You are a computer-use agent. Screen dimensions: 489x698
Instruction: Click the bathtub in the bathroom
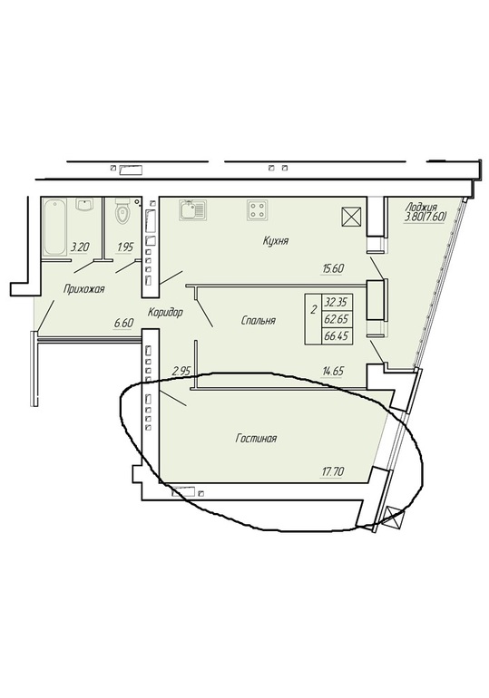(x=54, y=228)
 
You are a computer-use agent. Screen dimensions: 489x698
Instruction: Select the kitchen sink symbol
(x=192, y=209)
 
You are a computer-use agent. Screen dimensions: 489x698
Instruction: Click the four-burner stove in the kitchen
(x=259, y=209)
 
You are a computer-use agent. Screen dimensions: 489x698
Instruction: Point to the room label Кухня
(x=276, y=241)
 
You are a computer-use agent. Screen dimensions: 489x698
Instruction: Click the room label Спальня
(x=259, y=321)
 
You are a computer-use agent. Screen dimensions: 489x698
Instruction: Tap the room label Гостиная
(x=256, y=439)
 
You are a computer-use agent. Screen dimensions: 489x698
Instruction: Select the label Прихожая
(x=83, y=289)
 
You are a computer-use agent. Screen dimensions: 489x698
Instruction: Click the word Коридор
(x=165, y=313)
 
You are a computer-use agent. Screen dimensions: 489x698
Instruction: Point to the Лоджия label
(x=421, y=207)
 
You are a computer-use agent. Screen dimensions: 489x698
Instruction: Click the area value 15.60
(x=334, y=269)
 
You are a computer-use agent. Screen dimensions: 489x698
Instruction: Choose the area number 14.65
(x=334, y=371)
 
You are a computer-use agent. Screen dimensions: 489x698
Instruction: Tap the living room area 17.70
(x=332, y=471)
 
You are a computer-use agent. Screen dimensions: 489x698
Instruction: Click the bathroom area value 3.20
(x=79, y=247)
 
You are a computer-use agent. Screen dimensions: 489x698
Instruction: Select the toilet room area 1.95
(x=124, y=247)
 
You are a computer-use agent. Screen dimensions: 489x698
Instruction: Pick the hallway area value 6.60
(x=122, y=324)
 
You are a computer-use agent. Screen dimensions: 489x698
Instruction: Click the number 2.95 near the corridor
(x=181, y=371)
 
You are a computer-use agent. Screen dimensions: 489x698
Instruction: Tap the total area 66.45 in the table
(x=337, y=335)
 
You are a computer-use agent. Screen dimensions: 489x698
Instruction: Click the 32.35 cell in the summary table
(x=337, y=303)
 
